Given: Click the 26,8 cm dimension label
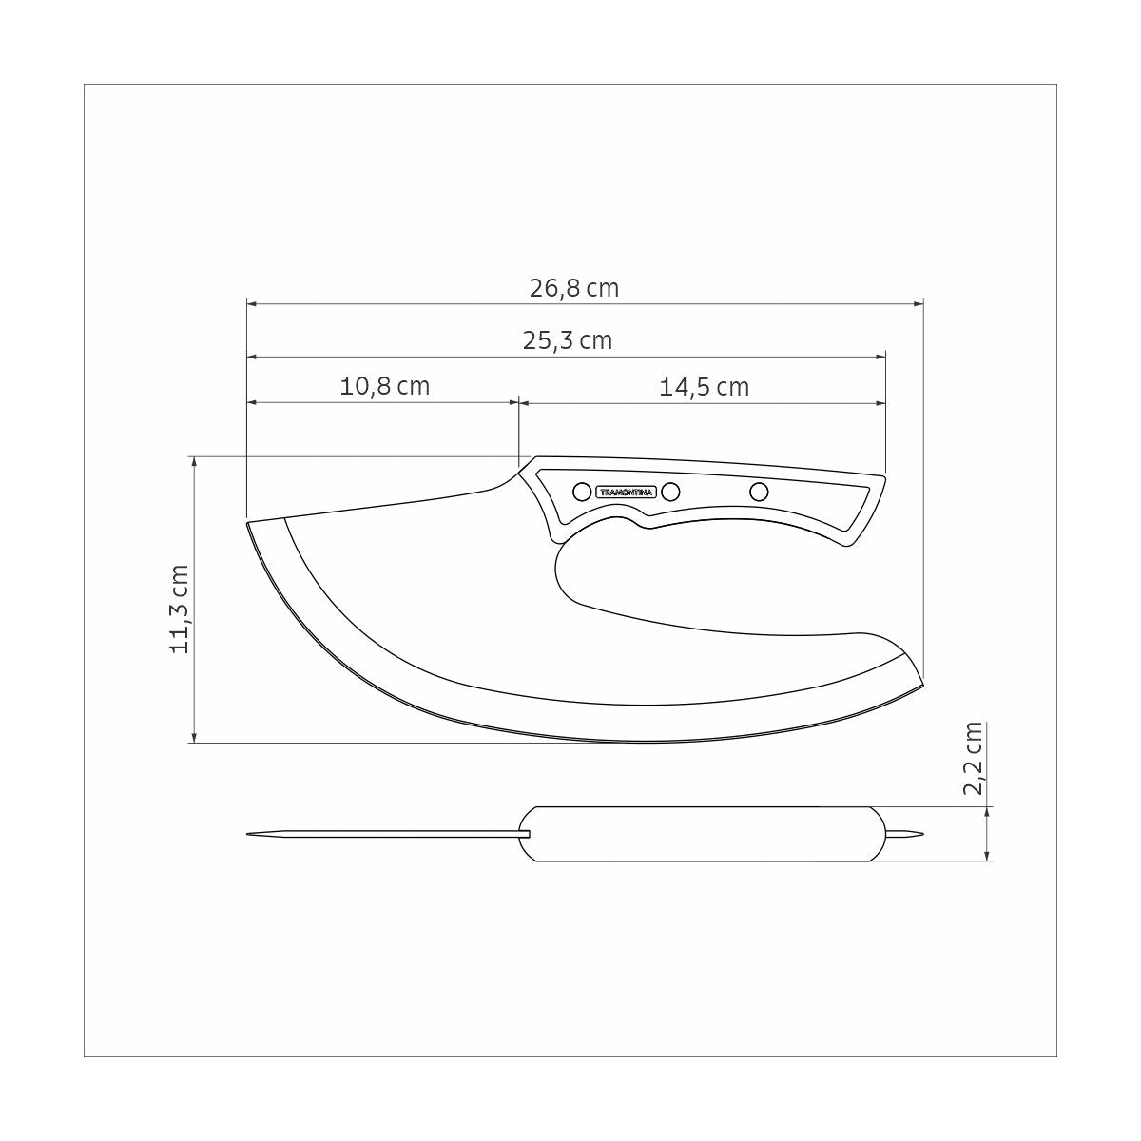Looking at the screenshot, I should tap(573, 288).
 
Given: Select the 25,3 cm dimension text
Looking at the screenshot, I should tap(568, 340).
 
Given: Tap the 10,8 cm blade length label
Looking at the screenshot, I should tap(384, 386).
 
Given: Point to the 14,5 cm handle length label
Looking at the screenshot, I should tap(704, 387).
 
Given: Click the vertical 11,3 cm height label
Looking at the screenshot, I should tap(181, 609).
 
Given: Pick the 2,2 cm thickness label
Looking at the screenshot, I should tap(972, 758).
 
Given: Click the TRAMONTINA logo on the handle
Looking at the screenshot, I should tap(626, 492).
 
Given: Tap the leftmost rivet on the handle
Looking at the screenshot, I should tap(580, 492).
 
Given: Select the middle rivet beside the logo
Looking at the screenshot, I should tap(670, 492).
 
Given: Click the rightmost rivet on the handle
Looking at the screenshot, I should tap(759, 492).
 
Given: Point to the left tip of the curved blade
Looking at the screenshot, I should tap(250, 523).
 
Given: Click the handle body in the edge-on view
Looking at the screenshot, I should tap(704, 834).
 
